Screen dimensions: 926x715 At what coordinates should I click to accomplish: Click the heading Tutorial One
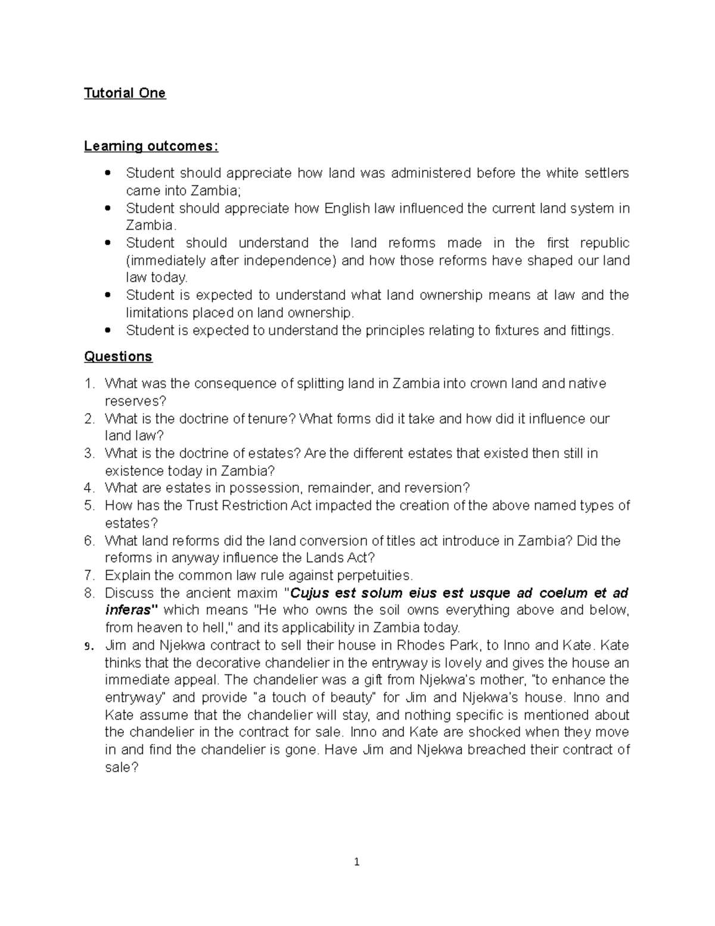125,93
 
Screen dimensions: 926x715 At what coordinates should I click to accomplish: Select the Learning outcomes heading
151,146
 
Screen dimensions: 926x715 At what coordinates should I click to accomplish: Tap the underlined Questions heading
118,357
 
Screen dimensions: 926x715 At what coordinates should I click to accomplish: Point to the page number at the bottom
356,862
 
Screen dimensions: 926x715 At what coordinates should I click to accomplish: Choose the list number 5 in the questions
89,506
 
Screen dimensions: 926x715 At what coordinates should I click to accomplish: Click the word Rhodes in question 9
420,645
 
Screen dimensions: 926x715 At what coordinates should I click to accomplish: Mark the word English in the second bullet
347,208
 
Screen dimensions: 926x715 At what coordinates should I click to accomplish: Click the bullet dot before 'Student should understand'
107,243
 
